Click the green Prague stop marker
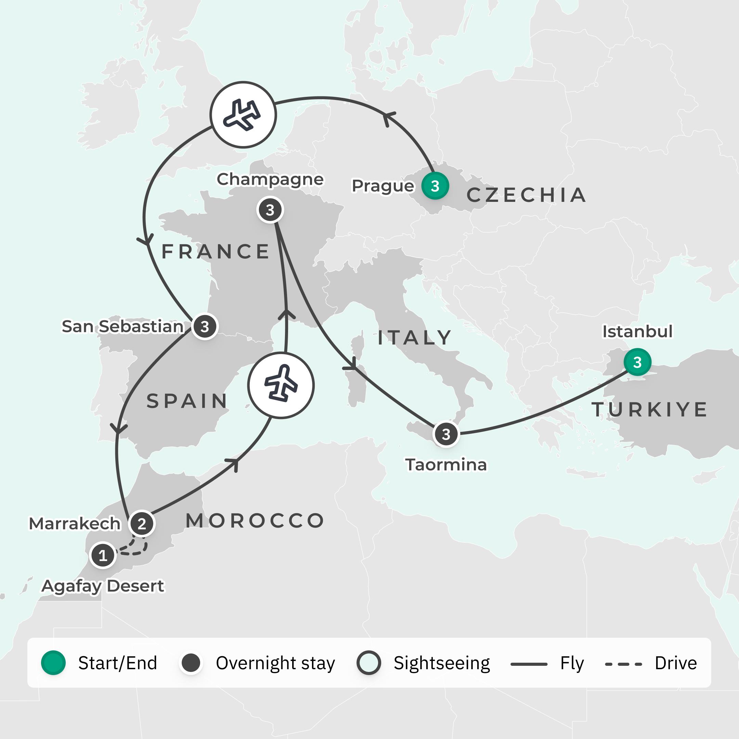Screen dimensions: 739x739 click(435, 186)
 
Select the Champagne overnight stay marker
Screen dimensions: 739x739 click(270, 210)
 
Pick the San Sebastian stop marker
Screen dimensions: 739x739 click(205, 326)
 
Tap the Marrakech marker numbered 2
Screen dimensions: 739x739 click(142, 523)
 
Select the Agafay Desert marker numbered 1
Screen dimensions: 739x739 click(103, 555)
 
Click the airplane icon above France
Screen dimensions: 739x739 click(243, 115)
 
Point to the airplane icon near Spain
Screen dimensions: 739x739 click(281, 385)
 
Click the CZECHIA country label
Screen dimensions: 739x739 click(526, 195)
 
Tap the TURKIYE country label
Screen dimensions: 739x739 click(649, 409)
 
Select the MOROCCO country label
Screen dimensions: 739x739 click(255, 521)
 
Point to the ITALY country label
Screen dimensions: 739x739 click(415, 338)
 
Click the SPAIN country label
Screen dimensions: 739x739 click(187, 401)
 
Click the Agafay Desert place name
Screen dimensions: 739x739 click(103, 586)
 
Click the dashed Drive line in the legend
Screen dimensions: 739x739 click(623, 664)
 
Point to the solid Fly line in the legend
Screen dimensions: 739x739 click(529, 664)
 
